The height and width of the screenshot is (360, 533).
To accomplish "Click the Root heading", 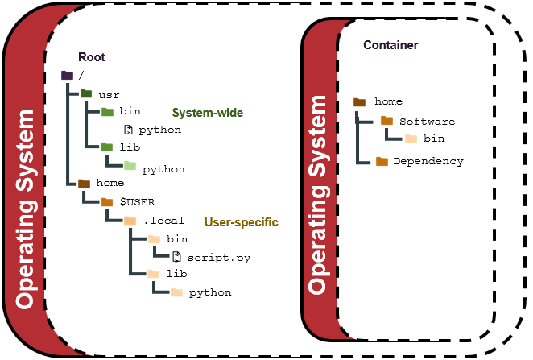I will coord(91,57).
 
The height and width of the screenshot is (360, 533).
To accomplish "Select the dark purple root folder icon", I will coord(68,76).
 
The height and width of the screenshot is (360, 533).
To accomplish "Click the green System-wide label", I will coord(207,112).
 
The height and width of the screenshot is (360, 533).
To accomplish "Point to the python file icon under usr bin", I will coord(128,129).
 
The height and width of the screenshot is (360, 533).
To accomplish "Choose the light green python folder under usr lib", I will coord(130,166).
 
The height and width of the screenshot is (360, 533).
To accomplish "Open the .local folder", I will coord(129,220).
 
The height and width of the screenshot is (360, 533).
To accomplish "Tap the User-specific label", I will coord(241,221).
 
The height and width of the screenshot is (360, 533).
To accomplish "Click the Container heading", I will coord(390,45).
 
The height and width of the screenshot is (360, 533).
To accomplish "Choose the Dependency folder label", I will coord(428,161).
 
